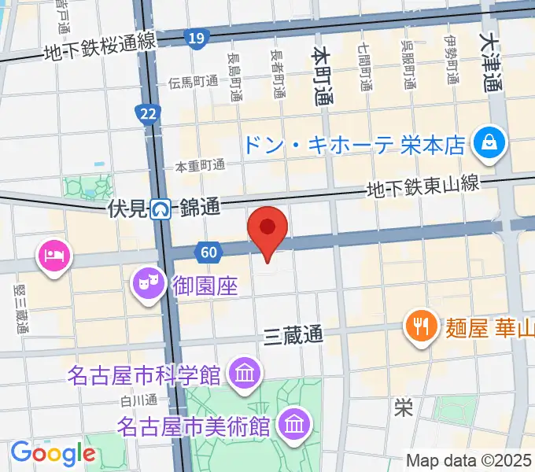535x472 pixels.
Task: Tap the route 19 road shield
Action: pyautogui.click(x=197, y=38)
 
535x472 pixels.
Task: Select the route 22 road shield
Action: pyautogui.click(x=147, y=115)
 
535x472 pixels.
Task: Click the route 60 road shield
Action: pyautogui.click(x=208, y=252)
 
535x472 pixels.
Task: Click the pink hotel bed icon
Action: pyautogui.click(x=54, y=256)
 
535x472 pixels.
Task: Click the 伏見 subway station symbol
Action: pyautogui.click(x=162, y=209)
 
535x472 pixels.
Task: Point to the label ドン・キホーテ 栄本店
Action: pyautogui.click(x=353, y=144)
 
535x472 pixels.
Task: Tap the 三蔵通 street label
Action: pyautogui.click(x=293, y=334)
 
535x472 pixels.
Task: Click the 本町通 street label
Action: pyautogui.click(x=322, y=76)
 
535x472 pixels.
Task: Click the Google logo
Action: pyautogui.click(x=53, y=453)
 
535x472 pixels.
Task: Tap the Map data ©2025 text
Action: pyautogui.click(x=470, y=461)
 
